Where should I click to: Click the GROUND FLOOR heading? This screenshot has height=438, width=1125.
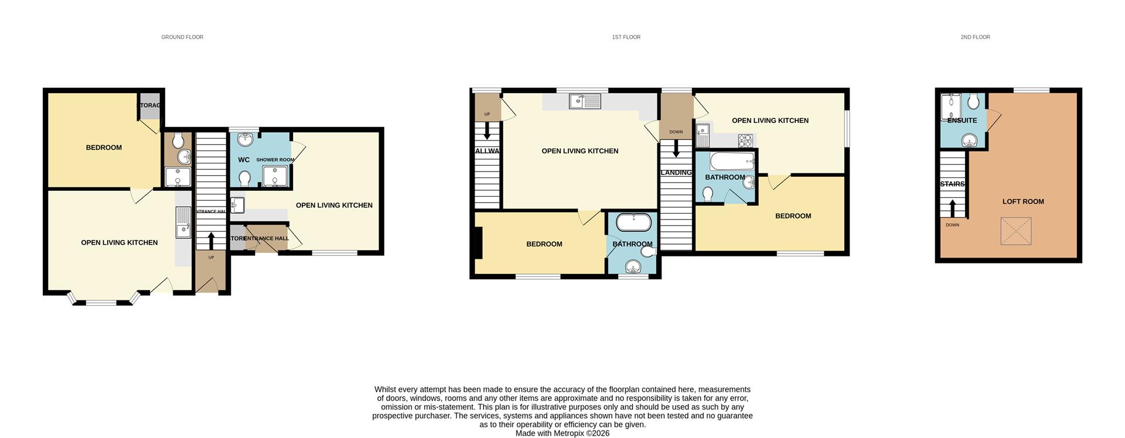pos(182,37)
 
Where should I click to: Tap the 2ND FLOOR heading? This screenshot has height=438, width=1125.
pos(975,37)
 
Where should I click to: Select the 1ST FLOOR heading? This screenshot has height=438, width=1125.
pos(626,37)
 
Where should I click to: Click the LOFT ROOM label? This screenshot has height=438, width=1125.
pos(1023,201)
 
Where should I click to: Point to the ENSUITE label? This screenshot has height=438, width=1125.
pos(962,121)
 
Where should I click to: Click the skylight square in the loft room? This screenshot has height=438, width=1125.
pos(1015,231)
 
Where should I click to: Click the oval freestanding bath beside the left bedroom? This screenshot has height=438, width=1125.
pos(633,223)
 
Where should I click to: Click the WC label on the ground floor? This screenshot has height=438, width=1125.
pos(244,160)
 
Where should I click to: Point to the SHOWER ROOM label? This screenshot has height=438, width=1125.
pos(275,160)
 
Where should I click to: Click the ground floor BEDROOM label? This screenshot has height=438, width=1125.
pos(104,148)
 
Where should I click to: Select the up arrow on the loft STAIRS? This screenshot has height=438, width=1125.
pos(952,207)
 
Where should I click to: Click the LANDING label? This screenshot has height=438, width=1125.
pos(676,173)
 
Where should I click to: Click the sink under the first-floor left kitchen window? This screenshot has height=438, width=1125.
pos(585,102)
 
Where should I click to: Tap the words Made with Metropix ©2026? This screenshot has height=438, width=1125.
pos(562,433)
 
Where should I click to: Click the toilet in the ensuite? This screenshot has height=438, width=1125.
pos(973,102)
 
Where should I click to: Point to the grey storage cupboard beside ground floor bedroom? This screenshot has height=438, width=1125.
pos(149,105)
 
